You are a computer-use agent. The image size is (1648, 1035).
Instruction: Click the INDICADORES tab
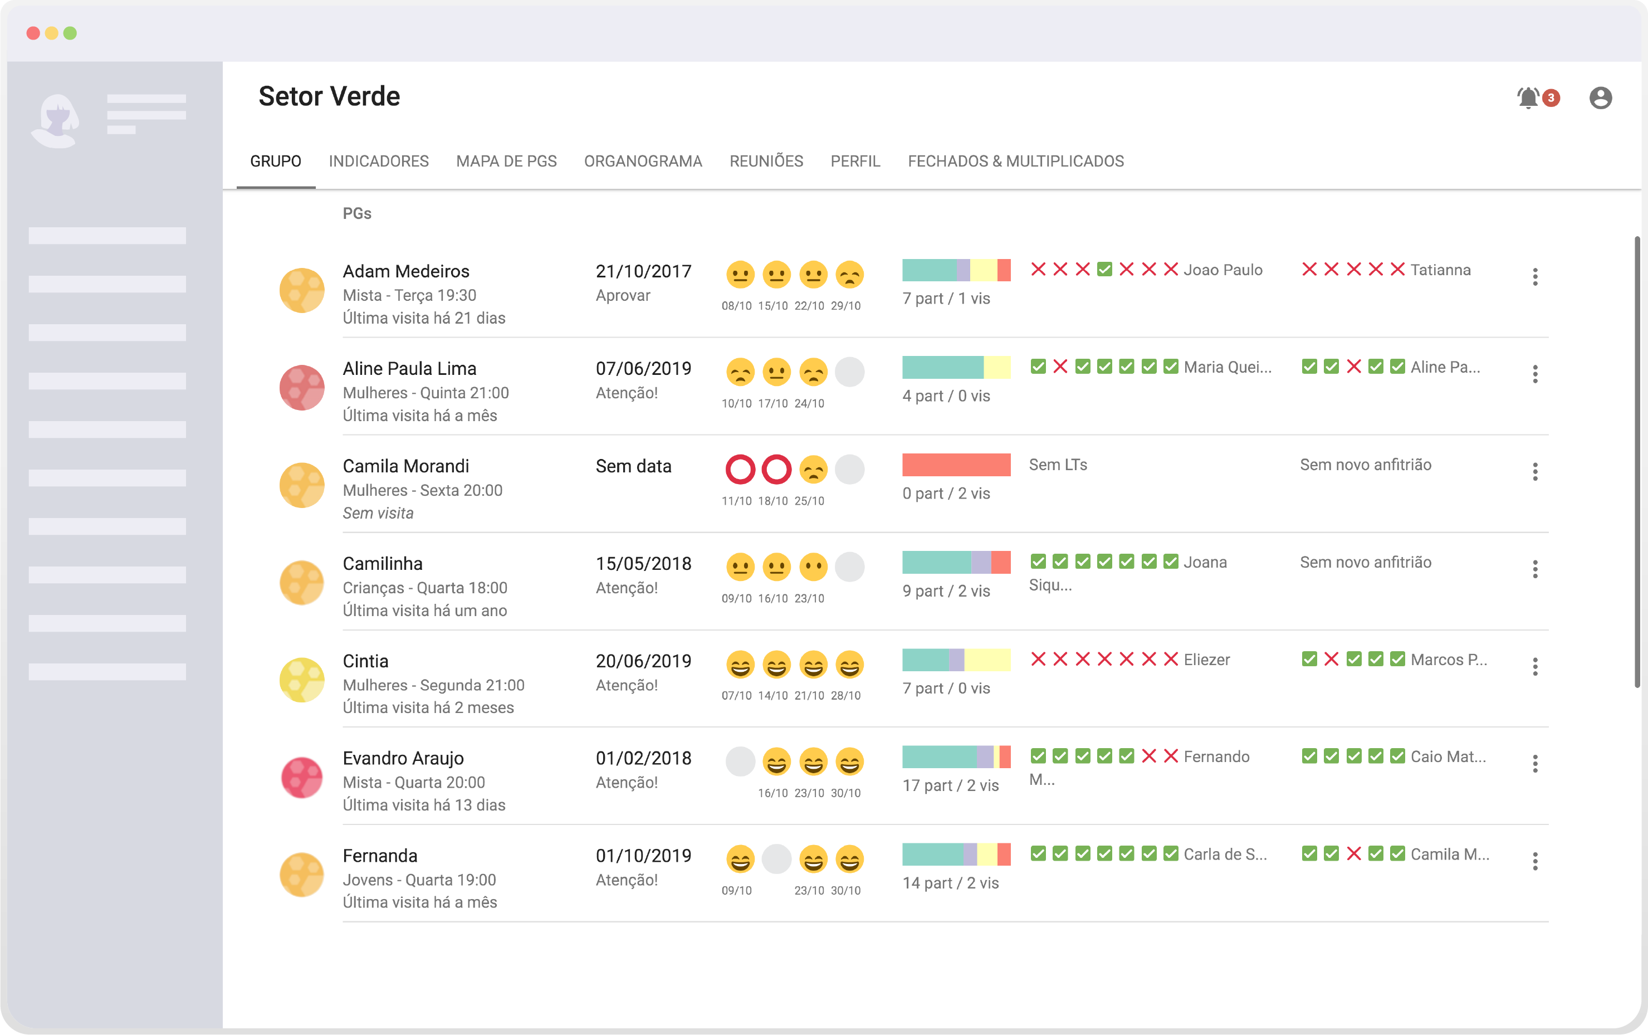coord(379,161)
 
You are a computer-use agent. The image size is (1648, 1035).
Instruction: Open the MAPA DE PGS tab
coord(506,161)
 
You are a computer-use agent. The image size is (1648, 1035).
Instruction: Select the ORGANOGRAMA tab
coord(643,161)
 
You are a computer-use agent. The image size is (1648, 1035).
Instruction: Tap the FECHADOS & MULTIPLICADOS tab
coord(1016,161)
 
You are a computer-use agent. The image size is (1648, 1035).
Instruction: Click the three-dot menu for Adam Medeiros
coord(1535,276)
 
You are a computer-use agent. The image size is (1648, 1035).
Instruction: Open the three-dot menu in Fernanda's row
coord(1535,861)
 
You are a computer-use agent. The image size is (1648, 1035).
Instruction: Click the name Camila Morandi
coord(406,466)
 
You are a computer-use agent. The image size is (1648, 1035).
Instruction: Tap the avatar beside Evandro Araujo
coord(302,778)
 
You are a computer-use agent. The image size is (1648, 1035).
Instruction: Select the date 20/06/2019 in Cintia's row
coord(643,661)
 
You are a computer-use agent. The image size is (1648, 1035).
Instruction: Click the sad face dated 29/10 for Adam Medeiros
coord(849,275)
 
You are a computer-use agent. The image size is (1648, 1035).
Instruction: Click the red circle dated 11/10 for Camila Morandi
coord(740,470)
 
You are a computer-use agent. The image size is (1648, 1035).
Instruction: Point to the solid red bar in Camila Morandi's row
coord(956,465)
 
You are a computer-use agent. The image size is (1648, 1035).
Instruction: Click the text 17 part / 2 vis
coord(951,786)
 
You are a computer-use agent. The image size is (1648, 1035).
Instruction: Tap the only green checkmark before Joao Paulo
coord(1104,269)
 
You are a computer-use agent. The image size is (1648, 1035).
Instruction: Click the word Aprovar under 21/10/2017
coord(623,296)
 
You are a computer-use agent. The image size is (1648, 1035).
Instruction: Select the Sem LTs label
coord(1058,465)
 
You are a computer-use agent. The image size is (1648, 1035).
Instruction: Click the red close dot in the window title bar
coord(33,33)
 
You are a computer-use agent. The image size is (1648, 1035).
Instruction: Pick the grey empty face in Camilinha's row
coord(849,567)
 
